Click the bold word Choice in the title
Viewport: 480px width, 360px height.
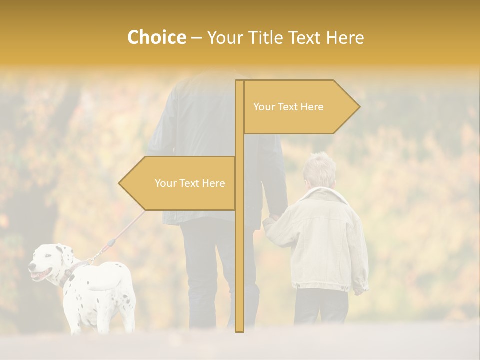pos(156,37)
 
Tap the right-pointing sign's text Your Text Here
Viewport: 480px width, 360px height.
pos(288,107)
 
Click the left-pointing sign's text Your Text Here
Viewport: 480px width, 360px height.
pos(190,183)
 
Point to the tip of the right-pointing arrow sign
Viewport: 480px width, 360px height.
pos(359,106)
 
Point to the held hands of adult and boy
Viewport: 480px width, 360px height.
pos(270,220)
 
